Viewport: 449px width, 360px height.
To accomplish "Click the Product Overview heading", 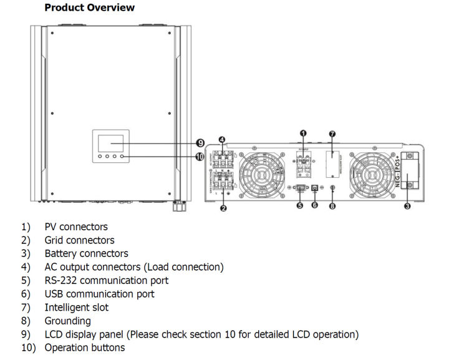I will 89,8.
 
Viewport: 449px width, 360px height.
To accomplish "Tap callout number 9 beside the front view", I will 200,144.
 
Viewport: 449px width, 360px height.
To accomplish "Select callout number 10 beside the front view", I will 200,157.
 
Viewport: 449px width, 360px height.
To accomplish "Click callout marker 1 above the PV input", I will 304,134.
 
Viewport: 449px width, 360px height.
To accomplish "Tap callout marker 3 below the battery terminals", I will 407,206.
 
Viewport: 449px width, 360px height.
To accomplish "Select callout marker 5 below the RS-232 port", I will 299,205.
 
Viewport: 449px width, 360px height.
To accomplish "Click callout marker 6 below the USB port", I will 315,205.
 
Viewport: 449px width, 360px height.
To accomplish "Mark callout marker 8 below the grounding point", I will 332,205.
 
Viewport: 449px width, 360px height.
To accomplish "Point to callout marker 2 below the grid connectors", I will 223,208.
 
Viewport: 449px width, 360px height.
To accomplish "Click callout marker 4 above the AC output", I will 223,140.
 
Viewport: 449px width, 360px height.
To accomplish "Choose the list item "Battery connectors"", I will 86,253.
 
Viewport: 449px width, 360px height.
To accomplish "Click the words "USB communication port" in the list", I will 99,294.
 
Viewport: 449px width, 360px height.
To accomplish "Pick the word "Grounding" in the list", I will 67,321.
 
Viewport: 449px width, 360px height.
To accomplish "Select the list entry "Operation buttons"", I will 84,348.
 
